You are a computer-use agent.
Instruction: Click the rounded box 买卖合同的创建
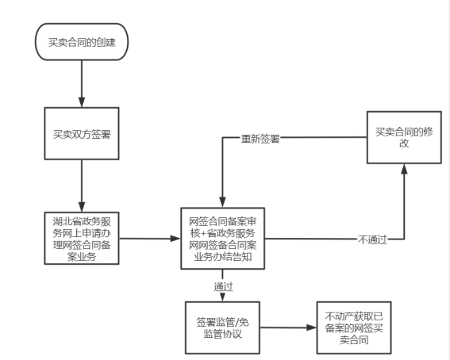click(x=82, y=42)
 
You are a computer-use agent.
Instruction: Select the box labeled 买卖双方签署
click(x=82, y=133)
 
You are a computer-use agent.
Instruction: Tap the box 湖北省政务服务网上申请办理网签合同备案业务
click(x=82, y=238)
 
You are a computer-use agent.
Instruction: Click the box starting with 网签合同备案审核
click(x=223, y=239)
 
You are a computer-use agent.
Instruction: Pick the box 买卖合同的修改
click(x=404, y=138)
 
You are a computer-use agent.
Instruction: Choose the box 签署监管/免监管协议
click(x=223, y=327)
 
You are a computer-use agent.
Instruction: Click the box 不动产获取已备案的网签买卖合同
click(x=354, y=327)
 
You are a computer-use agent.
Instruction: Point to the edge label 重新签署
click(x=260, y=139)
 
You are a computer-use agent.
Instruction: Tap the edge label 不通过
click(x=373, y=239)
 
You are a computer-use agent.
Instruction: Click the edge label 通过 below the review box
click(x=223, y=286)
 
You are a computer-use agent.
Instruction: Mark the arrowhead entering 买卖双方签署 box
click(x=82, y=102)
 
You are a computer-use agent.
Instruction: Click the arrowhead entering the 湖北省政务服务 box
click(x=82, y=207)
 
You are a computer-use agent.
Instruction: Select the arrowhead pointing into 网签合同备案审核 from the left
click(x=175, y=239)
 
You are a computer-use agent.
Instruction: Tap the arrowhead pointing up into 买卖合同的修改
click(x=404, y=169)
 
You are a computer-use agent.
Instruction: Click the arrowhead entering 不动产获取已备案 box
click(x=311, y=327)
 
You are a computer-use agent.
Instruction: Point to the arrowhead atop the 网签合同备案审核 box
click(x=223, y=202)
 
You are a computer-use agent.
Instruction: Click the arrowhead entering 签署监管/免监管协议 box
click(x=223, y=297)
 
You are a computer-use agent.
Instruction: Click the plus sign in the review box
click(x=203, y=234)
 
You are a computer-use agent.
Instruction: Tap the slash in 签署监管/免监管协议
click(x=237, y=323)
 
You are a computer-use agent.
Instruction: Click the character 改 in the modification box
click(x=404, y=143)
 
